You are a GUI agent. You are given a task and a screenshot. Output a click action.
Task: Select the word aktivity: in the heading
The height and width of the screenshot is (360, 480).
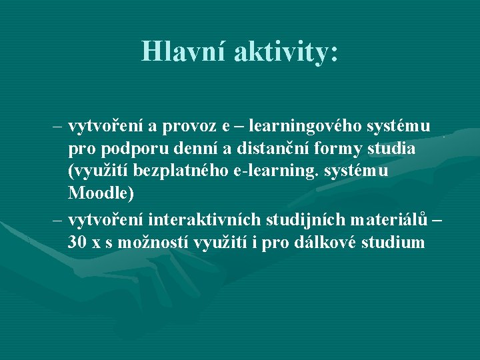286,51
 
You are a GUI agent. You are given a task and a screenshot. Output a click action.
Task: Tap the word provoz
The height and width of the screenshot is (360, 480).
197,126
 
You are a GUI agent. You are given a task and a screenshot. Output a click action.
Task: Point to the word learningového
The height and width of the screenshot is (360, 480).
305,126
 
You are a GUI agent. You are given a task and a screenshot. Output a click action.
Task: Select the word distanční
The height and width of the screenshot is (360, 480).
259,149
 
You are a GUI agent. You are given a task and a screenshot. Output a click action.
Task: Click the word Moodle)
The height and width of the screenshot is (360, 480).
101,194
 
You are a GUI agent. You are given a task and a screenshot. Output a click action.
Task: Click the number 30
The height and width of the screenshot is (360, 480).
77,242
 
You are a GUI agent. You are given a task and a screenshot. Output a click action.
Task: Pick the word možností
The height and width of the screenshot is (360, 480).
155,242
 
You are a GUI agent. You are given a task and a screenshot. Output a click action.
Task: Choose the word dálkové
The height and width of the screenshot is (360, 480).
323,242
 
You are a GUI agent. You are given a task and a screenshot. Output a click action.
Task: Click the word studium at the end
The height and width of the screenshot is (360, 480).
393,242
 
